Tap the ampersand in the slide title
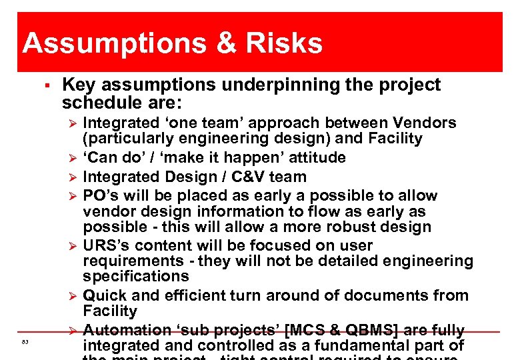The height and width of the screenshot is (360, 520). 225,44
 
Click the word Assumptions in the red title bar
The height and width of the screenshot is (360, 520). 113,44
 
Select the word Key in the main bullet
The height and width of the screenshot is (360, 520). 78,85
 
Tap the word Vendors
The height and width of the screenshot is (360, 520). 425,123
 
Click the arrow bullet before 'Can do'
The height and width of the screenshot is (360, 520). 74,159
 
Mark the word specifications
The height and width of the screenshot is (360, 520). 136,276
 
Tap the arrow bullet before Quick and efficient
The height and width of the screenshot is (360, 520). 74,295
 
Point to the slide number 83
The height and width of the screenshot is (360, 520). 25,342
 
